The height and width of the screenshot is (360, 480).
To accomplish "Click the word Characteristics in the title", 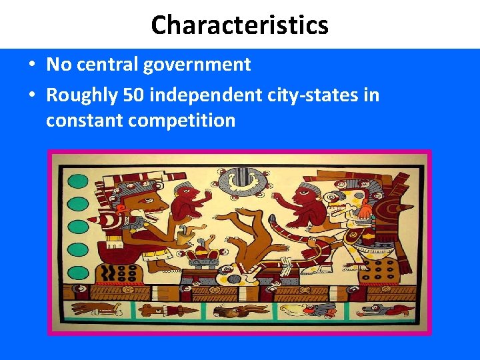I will pos(239,25).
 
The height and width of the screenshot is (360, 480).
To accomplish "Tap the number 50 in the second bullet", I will pos(133,95).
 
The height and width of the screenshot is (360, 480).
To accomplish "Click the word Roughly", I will pos(82,95).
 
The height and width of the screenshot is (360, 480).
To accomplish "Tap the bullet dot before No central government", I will pos(32,65).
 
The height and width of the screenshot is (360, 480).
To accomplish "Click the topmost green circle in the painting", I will pos(78,180).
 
